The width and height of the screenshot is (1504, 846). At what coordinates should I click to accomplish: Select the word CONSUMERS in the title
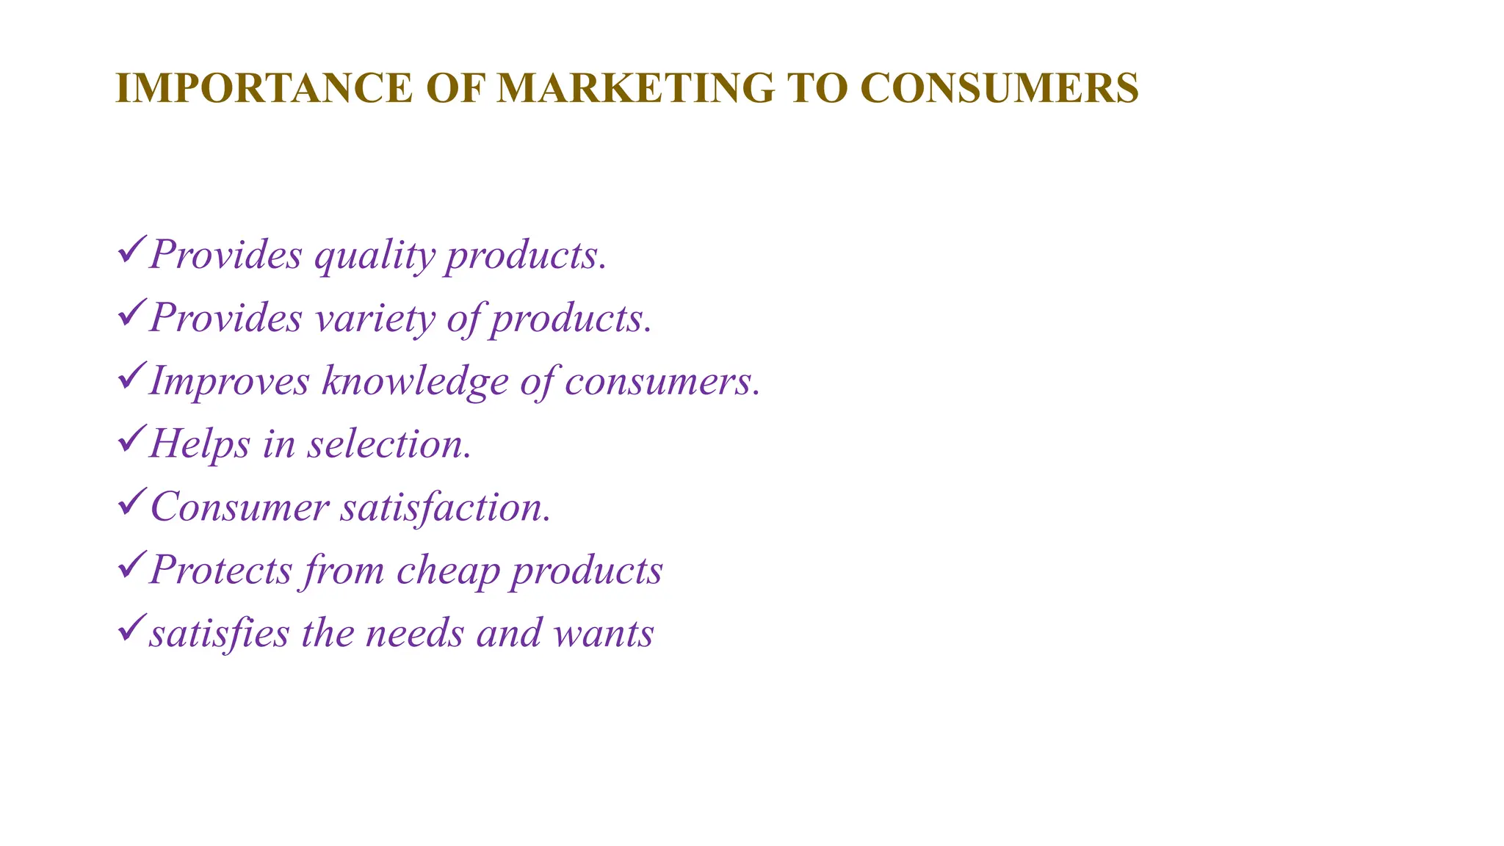pos(999,88)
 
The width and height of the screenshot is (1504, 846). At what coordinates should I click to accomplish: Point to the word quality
pos(375,257)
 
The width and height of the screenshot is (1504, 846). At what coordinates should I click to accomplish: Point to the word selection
pos(389,444)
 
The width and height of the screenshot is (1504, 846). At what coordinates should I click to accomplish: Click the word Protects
pos(220,570)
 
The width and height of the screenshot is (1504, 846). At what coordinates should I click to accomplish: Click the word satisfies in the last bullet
pos(220,633)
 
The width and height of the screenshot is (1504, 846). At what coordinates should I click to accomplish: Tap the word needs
pos(415,633)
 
